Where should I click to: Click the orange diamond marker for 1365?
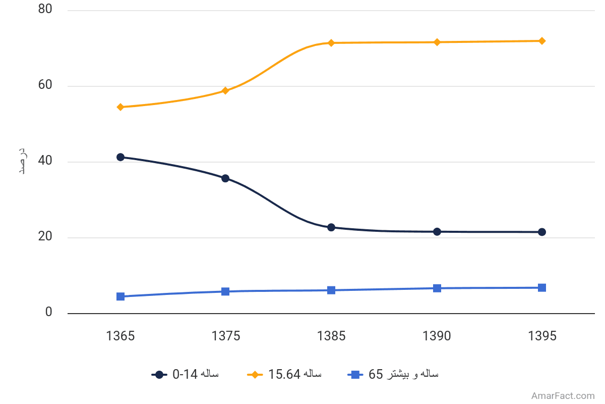(x=120, y=107)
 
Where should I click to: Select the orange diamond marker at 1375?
(x=225, y=91)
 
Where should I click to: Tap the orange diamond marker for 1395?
(x=542, y=41)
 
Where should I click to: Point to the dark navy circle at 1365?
(x=120, y=157)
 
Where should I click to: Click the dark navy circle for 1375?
(x=225, y=178)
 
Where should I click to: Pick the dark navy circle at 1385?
(x=331, y=228)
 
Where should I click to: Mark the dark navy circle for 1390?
(x=437, y=232)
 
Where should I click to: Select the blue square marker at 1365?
(x=120, y=296)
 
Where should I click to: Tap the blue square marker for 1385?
(x=331, y=290)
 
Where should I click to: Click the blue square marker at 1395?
(x=542, y=288)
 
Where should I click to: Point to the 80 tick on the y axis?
(x=45, y=9)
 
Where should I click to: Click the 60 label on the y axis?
(x=45, y=85)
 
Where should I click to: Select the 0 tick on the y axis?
(x=48, y=312)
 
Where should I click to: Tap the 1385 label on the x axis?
(x=331, y=336)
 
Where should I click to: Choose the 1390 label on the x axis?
(x=437, y=336)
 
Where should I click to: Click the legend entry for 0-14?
(x=185, y=375)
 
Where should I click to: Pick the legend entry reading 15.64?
(x=284, y=375)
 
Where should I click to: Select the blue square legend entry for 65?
(x=393, y=375)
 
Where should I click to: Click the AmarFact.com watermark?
(x=563, y=396)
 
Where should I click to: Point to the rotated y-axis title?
(x=23, y=161)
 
